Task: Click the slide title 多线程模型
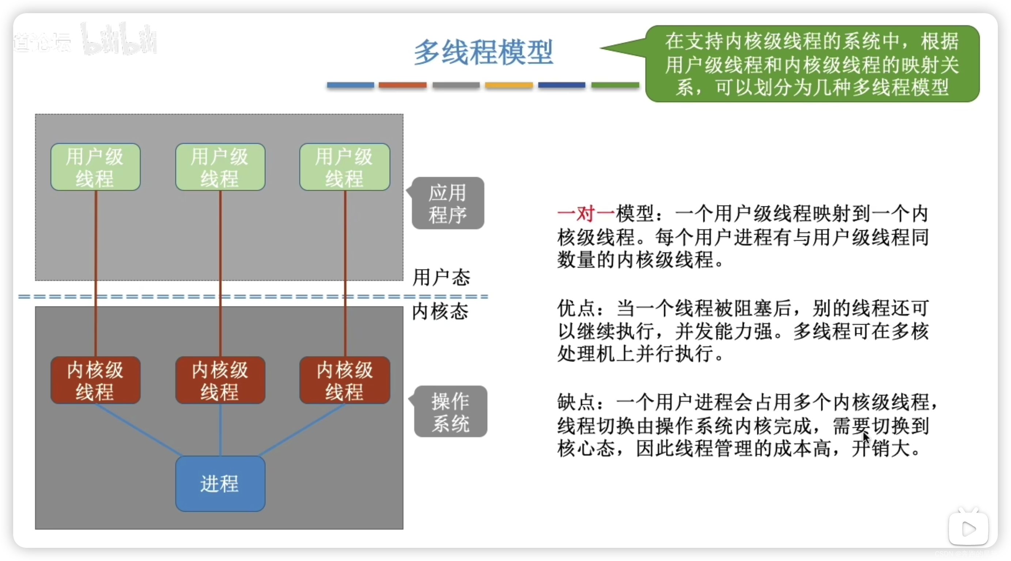coord(484,52)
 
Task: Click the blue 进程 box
coord(220,483)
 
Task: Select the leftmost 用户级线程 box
coord(95,167)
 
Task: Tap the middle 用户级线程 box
coord(220,167)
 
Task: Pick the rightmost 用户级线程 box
coord(345,167)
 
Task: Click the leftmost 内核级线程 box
coord(95,380)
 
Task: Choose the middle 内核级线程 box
coord(220,380)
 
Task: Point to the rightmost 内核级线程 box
coord(345,380)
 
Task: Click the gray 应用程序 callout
coord(448,203)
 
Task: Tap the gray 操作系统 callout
coord(451,412)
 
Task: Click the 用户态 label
coord(441,277)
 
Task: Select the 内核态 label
coord(440,312)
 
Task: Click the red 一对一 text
coord(586,214)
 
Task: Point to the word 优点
coord(576,308)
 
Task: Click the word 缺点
coord(576,402)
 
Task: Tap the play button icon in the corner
coord(968,529)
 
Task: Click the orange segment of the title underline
coord(402,85)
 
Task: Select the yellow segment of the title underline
coord(509,85)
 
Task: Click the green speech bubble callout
coord(812,64)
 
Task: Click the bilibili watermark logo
coord(119,39)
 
